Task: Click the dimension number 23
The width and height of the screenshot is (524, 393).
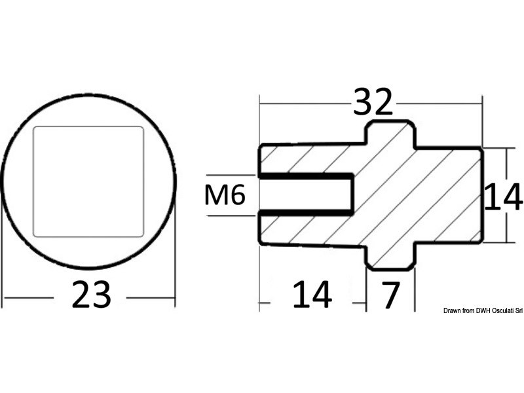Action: tap(91, 296)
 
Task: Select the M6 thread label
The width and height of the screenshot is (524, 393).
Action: tap(225, 195)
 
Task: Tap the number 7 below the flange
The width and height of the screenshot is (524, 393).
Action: tap(390, 296)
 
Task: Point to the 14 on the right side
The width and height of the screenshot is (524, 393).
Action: tap(503, 198)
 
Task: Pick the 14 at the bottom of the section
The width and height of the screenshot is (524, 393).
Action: tap(312, 296)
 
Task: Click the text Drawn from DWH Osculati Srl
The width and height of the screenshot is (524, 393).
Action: tap(482, 310)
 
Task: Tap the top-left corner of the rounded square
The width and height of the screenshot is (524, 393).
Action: tap(35, 128)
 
